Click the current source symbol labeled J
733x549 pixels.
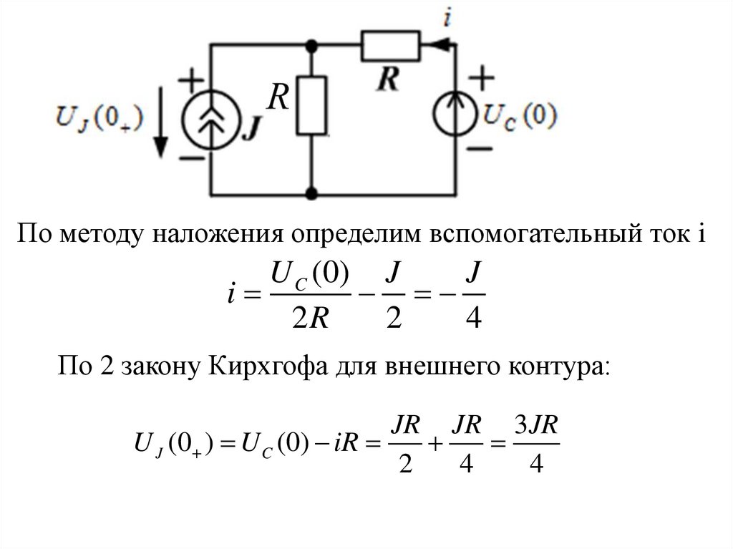(x=211, y=119)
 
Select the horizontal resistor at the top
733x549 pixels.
(x=390, y=44)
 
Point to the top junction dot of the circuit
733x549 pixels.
(x=312, y=44)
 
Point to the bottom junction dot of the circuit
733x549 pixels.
(x=312, y=193)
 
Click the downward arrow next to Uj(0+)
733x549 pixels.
(x=162, y=132)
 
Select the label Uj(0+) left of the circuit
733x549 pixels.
(x=99, y=115)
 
